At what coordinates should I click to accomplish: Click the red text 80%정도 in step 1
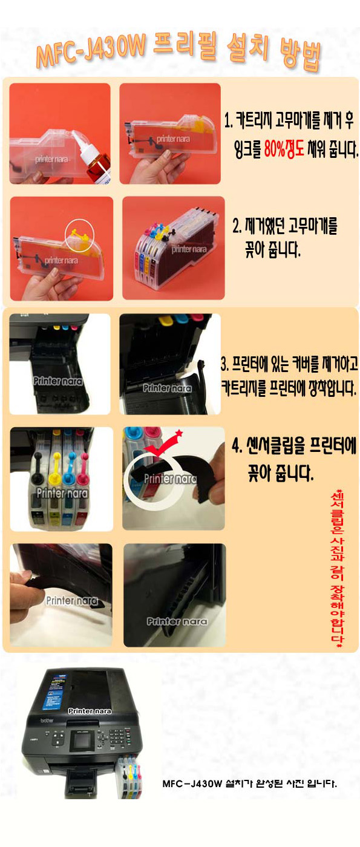284,149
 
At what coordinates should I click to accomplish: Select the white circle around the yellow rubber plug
79,235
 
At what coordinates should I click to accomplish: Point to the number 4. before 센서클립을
237,446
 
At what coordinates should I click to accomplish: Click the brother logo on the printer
47,721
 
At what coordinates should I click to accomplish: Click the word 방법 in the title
300,55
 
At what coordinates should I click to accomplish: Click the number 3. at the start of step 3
224,364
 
